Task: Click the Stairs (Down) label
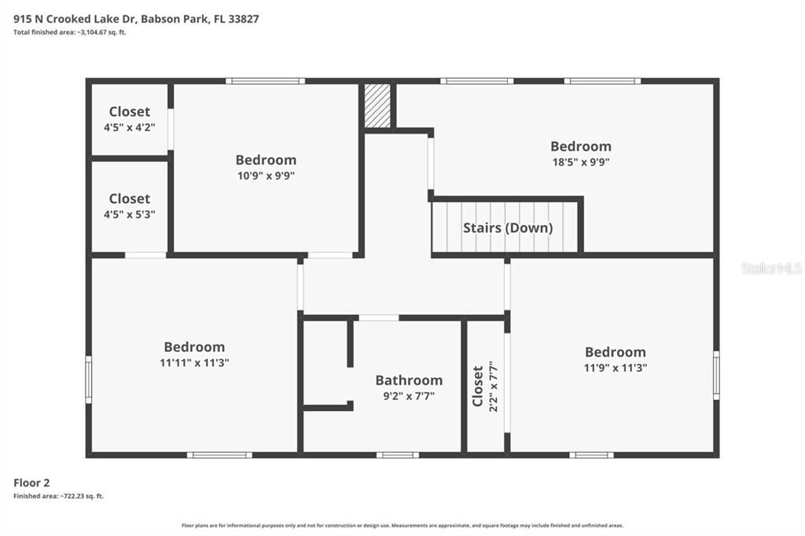pyautogui.click(x=508, y=228)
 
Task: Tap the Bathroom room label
pyautogui.click(x=409, y=380)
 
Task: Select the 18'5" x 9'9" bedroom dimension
pyautogui.click(x=581, y=162)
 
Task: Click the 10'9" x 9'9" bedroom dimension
pyautogui.click(x=266, y=175)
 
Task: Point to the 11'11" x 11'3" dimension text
pyautogui.click(x=194, y=362)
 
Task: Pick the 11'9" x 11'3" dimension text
pyautogui.click(x=615, y=368)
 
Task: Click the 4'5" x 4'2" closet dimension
pyautogui.click(x=130, y=127)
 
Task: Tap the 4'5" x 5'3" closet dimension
pyautogui.click(x=130, y=214)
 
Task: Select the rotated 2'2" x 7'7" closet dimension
pyautogui.click(x=494, y=386)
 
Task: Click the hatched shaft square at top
pyautogui.click(x=377, y=105)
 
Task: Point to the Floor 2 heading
pyautogui.click(x=31, y=483)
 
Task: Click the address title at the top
pyautogui.click(x=136, y=19)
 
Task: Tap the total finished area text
pyautogui.click(x=69, y=32)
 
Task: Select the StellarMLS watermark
pyautogui.click(x=772, y=268)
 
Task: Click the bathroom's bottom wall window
pyautogui.click(x=397, y=455)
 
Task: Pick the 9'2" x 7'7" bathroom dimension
pyautogui.click(x=409, y=396)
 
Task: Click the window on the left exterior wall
pyautogui.click(x=88, y=380)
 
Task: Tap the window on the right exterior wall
pyautogui.click(x=716, y=376)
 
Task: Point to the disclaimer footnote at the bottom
pyautogui.click(x=402, y=525)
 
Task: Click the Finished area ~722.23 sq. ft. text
pyautogui.click(x=58, y=496)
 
